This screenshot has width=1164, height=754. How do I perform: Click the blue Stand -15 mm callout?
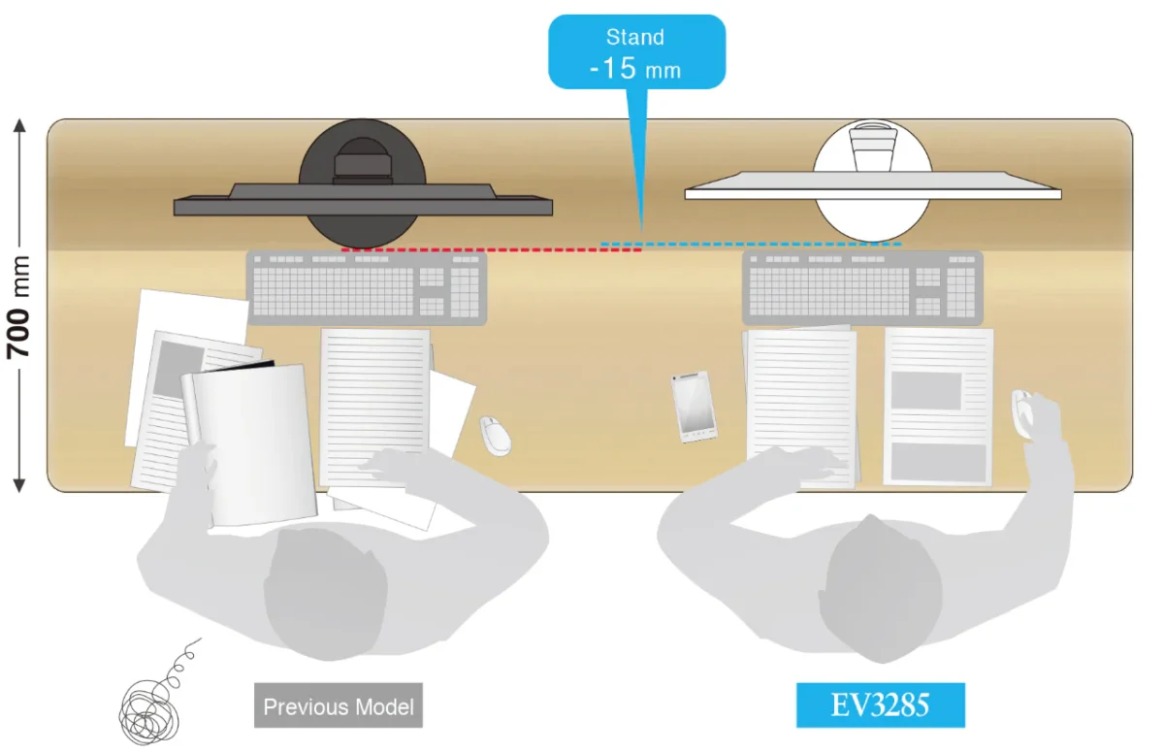click(x=636, y=53)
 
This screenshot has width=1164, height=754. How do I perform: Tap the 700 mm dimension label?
click(x=20, y=306)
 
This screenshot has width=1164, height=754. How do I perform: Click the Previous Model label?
click(x=339, y=705)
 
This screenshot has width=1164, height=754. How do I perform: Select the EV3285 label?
click(x=880, y=705)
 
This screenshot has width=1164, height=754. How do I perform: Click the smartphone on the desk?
click(x=695, y=407)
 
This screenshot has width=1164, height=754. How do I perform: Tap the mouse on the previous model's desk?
click(x=496, y=436)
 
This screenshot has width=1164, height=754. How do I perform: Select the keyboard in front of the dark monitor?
click(x=366, y=287)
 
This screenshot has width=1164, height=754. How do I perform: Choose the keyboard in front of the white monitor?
click(x=861, y=287)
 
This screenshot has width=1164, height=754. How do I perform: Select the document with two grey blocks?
click(x=938, y=408)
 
